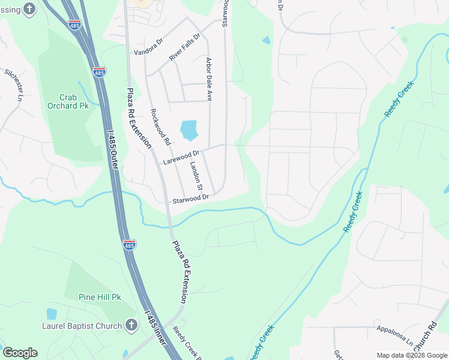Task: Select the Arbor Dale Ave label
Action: coord(209,79)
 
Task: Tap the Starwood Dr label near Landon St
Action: coord(190,198)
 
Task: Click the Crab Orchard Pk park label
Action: coord(68,101)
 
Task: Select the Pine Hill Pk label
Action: coord(100,296)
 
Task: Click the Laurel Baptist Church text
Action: coord(85,326)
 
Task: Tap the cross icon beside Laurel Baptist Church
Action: coord(131,325)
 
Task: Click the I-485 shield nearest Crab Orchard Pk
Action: coord(100,72)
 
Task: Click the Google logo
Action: coord(20,353)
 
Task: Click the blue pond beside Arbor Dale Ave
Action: coord(188,129)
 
